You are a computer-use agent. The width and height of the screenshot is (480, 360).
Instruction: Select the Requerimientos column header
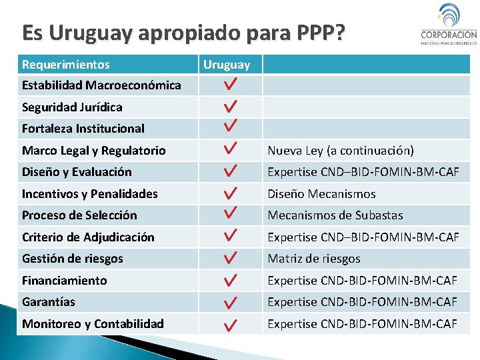pos(66,65)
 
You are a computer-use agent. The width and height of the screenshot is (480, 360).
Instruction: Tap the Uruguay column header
pos(227,65)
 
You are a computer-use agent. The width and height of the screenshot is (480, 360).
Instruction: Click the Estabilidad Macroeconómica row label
pos(101,85)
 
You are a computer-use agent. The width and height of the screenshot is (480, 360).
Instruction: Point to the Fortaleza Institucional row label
pos(83,129)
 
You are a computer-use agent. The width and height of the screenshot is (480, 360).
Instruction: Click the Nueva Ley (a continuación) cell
pos(341,151)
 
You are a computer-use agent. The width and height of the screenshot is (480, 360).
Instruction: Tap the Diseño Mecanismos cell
pos(322,194)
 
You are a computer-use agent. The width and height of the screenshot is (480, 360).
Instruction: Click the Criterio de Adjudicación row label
pos(88,237)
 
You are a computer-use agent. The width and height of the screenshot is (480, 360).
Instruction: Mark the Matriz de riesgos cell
pos(314,259)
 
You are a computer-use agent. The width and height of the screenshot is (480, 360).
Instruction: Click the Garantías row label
pos(49,302)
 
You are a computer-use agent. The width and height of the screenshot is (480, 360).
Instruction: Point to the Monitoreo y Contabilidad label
pos(93,324)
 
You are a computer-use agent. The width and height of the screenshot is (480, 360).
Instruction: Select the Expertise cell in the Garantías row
pos(363,302)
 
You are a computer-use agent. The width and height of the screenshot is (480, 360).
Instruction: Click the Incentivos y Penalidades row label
pos(90,194)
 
